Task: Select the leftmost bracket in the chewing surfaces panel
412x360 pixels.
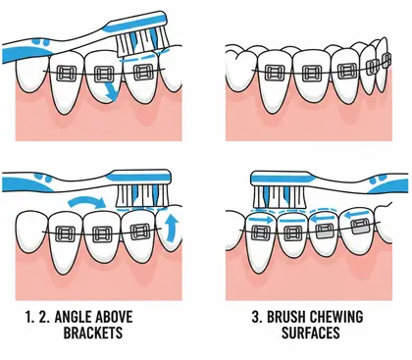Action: pyautogui.click(x=262, y=232)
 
